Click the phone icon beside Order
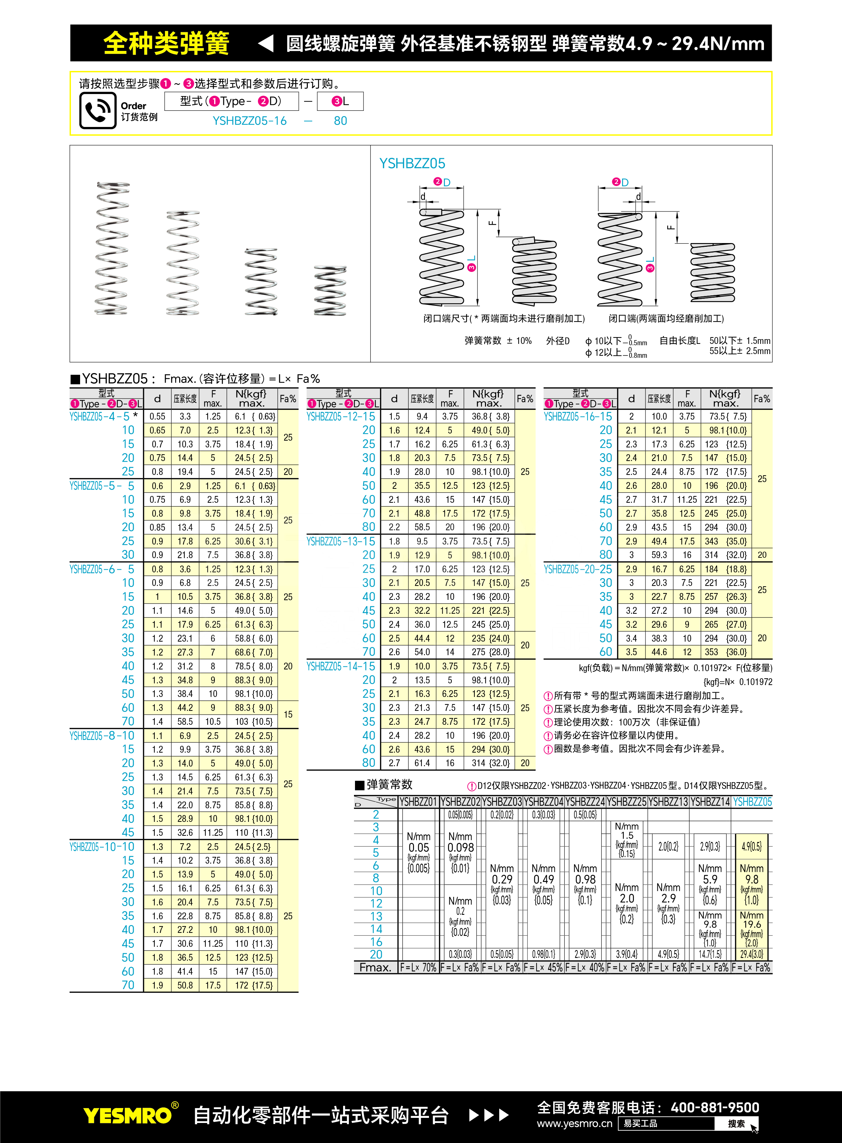97,110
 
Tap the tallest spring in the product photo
112,248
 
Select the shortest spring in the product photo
330,290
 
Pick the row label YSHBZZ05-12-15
340,417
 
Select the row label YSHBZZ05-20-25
578,569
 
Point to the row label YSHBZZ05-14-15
340,666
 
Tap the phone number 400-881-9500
715,1107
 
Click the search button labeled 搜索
736,1124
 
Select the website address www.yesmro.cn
575,1124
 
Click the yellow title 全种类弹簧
166,43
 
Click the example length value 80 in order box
340,121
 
